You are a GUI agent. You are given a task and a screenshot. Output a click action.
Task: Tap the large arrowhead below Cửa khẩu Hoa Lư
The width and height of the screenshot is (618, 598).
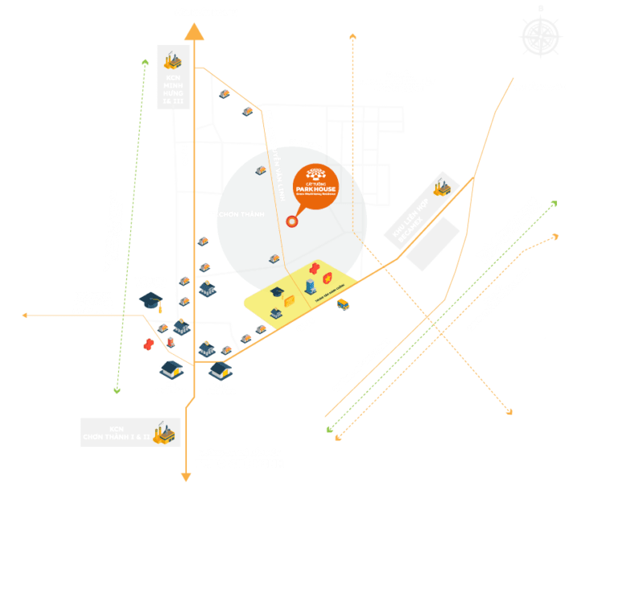(193, 31)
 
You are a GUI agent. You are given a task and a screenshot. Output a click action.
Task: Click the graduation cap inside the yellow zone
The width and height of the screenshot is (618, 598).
(278, 293)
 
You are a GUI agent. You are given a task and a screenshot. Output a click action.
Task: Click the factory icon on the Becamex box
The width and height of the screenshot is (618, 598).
(439, 188)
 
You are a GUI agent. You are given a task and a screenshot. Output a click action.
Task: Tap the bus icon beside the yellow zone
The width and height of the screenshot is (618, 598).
(343, 304)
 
